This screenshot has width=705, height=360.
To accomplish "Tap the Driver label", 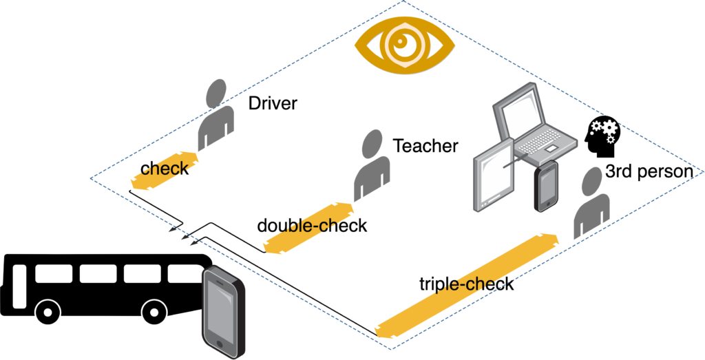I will [273, 104].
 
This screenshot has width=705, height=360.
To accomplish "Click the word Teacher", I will [425, 146].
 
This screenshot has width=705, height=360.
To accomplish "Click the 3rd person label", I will [647, 172].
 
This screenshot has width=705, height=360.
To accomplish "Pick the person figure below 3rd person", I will [592, 204].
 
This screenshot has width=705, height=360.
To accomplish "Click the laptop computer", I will [534, 124].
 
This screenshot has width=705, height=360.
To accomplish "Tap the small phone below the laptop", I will [546, 184].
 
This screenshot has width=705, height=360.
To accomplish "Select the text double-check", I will [312, 225].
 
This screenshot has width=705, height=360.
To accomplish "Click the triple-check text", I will [466, 284].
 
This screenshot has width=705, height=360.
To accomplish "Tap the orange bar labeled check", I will [165, 169].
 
